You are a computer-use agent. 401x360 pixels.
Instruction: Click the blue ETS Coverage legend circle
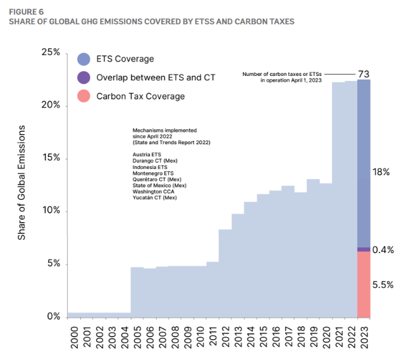tap(83, 59)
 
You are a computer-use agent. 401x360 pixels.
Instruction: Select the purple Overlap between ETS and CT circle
tap(83, 77)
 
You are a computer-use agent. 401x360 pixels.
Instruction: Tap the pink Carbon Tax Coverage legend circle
tap(83, 96)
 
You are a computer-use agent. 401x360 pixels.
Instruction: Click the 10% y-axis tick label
tap(51, 211)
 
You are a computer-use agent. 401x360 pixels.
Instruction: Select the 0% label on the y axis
tap(53, 316)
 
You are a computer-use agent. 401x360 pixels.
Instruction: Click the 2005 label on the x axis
tap(137, 335)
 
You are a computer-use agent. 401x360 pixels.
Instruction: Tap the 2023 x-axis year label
tap(364, 335)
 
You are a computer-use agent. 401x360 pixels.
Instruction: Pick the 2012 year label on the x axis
tap(226, 335)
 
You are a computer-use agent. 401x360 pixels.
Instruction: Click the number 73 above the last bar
tap(364, 75)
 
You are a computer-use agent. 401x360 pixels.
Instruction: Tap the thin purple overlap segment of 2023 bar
tap(364, 249)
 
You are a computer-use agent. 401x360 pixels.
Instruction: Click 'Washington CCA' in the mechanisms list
tap(152, 192)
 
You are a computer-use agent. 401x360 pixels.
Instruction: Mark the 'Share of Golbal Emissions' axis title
tap(22, 182)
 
